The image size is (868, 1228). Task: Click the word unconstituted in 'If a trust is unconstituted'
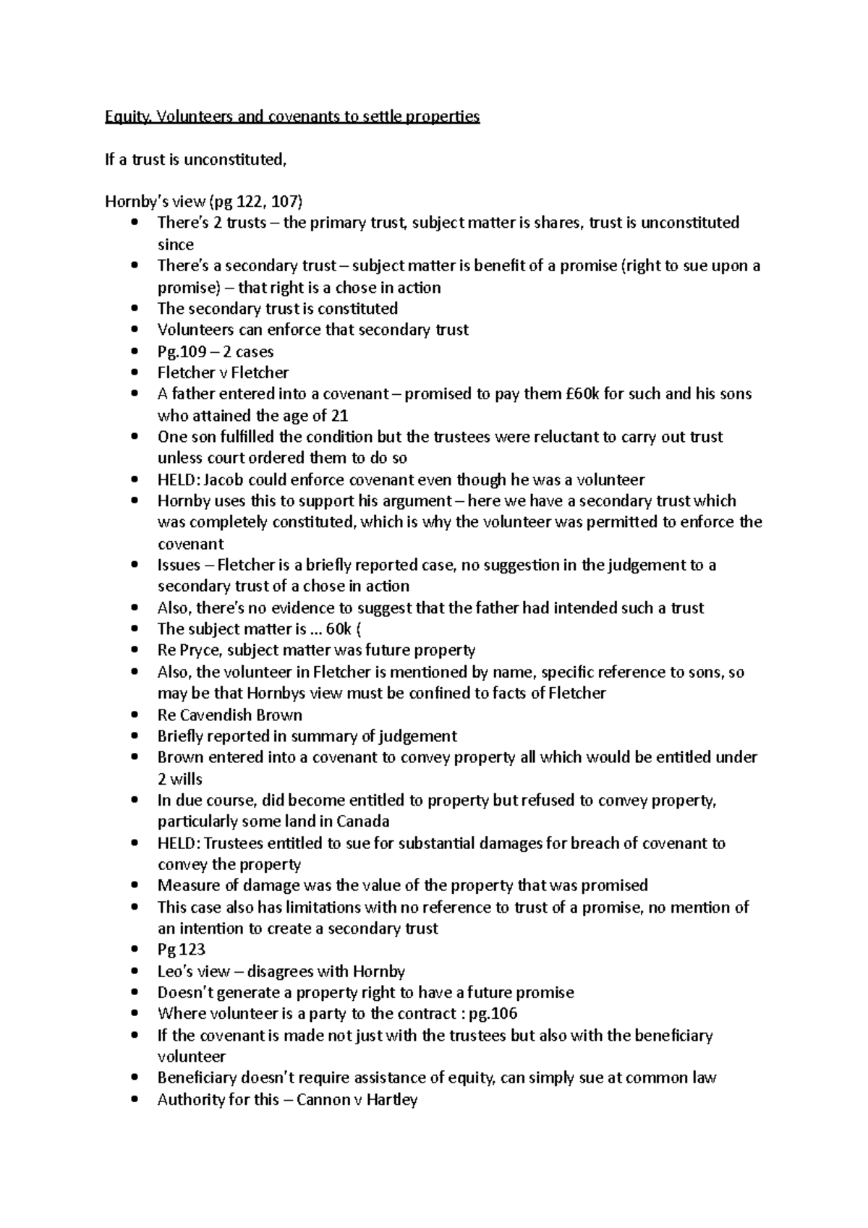pos(234,159)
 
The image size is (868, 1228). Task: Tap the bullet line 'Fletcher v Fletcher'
pos(223,372)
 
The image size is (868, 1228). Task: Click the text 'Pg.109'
pos(182,351)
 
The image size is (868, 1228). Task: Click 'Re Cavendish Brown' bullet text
pos(229,715)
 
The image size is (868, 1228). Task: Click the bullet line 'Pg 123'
pos(182,950)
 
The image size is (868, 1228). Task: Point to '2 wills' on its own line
pos(180,779)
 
